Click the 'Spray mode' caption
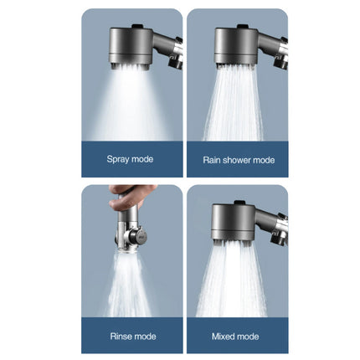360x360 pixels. (131, 159)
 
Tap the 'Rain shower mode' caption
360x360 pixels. (238, 159)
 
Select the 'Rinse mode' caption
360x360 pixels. (131, 336)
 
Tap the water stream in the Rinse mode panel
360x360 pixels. (130, 285)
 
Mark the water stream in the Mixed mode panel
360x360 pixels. (234, 280)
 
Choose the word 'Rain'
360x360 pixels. (212, 159)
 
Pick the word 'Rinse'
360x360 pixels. (121, 336)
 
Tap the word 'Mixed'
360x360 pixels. (225, 336)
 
